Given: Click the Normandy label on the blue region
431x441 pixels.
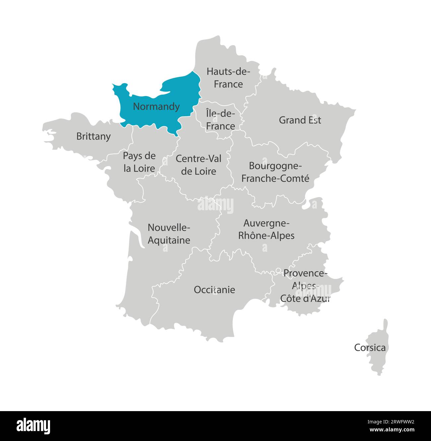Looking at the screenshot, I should point(156,107).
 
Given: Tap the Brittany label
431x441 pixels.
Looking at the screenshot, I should point(93,136).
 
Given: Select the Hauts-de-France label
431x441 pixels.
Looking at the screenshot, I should point(228,78).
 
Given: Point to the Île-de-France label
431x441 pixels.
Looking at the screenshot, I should point(220,120).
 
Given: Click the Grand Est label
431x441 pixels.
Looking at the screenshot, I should point(300,120).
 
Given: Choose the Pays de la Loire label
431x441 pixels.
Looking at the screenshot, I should point(139,162).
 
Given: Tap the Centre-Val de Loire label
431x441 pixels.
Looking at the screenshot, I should point(198,165).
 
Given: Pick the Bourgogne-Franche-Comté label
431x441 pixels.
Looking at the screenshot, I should point(275,172).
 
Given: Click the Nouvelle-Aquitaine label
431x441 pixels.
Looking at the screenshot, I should point(169,234).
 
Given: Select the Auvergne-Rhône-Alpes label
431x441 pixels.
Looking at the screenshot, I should point(267,229).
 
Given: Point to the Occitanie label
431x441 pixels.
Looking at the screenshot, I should point(215,290).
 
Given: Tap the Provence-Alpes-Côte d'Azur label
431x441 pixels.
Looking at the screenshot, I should point(305,286).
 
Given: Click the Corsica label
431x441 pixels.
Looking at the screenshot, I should point(370,348).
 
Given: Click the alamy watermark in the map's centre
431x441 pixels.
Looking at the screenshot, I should point(215,205).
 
